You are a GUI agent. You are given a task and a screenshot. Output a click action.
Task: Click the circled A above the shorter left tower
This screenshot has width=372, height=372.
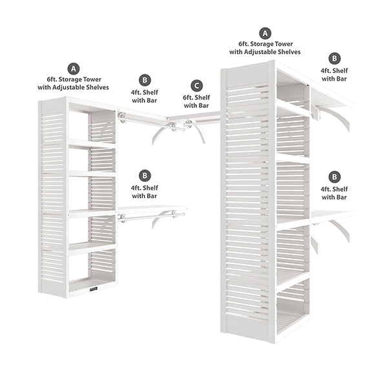click(x=74, y=68)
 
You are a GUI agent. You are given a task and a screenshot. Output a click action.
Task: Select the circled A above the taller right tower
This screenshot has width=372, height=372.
click(x=265, y=33)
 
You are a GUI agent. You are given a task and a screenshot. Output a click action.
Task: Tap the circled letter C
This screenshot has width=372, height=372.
click(x=196, y=85)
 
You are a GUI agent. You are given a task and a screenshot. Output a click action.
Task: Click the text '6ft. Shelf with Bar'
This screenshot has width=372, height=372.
click(x=196, y=101)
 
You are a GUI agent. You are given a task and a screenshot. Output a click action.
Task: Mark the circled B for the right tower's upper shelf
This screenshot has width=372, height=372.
click(x=335, y=57)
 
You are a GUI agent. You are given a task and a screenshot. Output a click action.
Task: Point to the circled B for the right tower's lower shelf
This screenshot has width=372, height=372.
click(x=335, y=176)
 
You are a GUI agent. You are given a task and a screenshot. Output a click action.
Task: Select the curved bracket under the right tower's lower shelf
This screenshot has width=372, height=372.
click(x=338, y=229)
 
